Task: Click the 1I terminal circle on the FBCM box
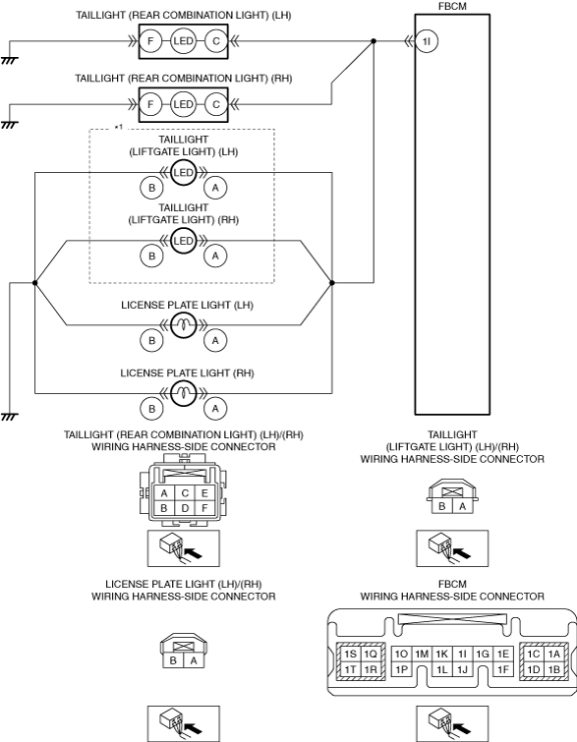[427, 41]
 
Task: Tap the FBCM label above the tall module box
[452, 6]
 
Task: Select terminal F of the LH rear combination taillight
[150, 41]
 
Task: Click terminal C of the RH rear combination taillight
[216, 104]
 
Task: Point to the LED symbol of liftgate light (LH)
[183, 173]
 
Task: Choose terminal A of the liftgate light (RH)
[215, 256]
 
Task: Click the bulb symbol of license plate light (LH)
[183, 325]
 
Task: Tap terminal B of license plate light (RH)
[152, 409]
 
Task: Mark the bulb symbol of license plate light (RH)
[183, 393]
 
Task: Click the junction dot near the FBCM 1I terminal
[374, 41]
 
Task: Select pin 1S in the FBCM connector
[350, 655]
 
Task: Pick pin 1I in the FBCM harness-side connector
[462, 655]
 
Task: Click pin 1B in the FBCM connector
[553, 669]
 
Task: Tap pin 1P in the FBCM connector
[401, 669]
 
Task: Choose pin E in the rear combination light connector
[204, 493]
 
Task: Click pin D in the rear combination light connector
[185, 508]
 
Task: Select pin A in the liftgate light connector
[462, 506]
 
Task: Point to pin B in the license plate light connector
[173, 660]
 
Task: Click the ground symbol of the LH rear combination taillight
[9, 61]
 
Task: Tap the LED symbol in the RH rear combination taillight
[183, 104]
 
